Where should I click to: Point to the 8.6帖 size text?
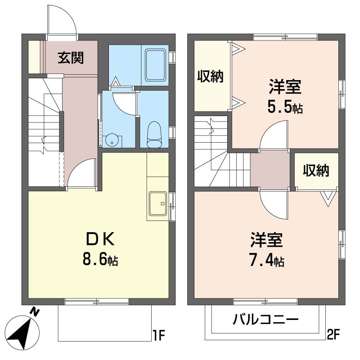point(100,259)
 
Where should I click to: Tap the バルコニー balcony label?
point(265,320)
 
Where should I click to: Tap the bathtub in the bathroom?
point(156,65)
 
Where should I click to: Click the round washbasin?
point(112,140)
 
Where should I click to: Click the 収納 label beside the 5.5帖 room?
point(210,77)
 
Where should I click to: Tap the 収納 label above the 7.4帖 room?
point(315,171)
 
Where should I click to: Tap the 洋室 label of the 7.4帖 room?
point(266,240)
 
